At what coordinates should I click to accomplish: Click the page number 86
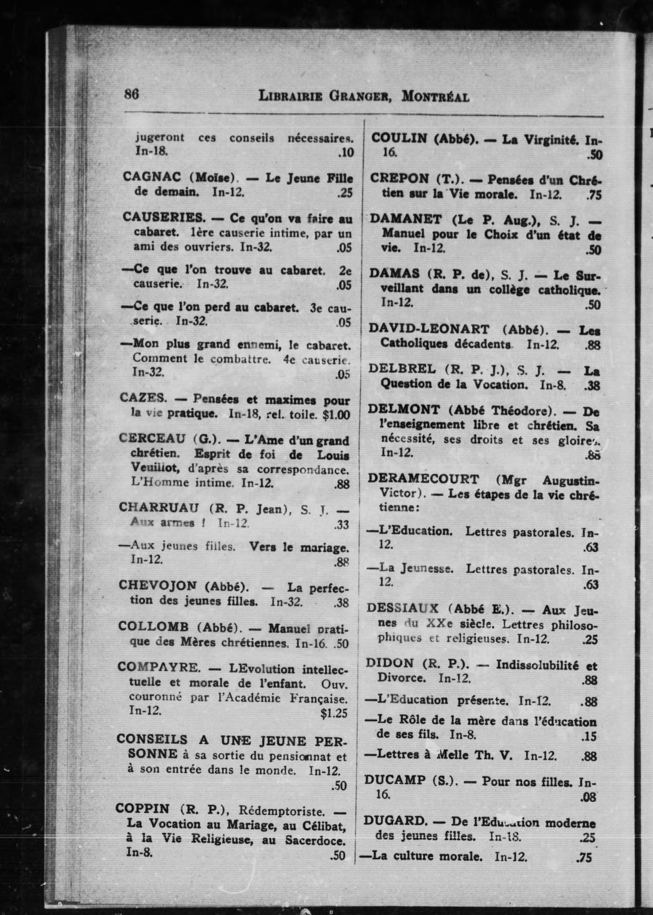click(132, 94)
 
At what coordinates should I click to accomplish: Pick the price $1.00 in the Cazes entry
click(336, 415)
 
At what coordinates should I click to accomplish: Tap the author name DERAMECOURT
click(423, 479)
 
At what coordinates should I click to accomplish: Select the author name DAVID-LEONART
click(429, 329)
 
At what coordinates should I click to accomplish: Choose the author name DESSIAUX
click(402, 608)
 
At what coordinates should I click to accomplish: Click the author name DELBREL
click(402, 369)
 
